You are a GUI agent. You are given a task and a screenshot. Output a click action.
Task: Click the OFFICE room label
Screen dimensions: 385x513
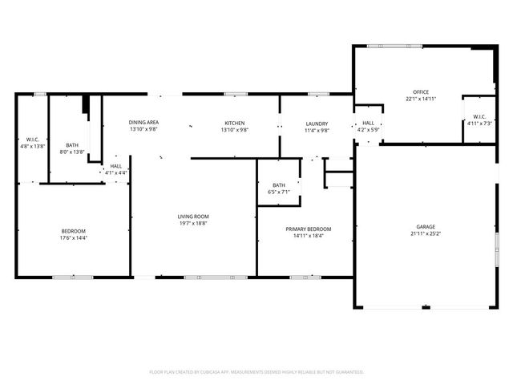pos(421,92)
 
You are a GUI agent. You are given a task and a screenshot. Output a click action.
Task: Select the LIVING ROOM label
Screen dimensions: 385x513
pos(193,217)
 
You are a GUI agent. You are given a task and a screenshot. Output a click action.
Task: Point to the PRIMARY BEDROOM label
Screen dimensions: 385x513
pos(309,229)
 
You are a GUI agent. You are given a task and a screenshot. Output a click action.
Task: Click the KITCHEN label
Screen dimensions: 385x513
pos(234,123)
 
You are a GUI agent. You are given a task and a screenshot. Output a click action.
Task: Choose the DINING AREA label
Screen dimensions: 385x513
pos(143,122)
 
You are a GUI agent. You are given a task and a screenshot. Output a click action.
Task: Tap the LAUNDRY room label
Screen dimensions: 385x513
pos(317,124)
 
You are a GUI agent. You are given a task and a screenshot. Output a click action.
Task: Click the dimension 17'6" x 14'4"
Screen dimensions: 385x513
pos(74,237)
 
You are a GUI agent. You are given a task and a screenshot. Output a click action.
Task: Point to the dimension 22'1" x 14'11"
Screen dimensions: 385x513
pos(421,99)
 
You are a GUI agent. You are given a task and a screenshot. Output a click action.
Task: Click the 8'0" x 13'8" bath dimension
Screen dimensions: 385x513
pos(72,152)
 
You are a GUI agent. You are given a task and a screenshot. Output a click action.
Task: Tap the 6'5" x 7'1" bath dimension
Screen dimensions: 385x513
pos(279,192)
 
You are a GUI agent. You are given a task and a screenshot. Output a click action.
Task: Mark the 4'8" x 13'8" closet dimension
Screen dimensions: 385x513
pos(33,146)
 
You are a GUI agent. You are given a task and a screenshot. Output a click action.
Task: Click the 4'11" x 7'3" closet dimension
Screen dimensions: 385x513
pos(479,124)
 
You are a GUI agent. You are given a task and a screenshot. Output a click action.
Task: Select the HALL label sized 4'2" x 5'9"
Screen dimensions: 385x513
pos(369,123)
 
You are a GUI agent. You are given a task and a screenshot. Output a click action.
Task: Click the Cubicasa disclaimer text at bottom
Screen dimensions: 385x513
pos(256,372)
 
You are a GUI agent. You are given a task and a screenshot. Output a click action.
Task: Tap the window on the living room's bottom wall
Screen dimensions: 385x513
pos(204,278)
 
